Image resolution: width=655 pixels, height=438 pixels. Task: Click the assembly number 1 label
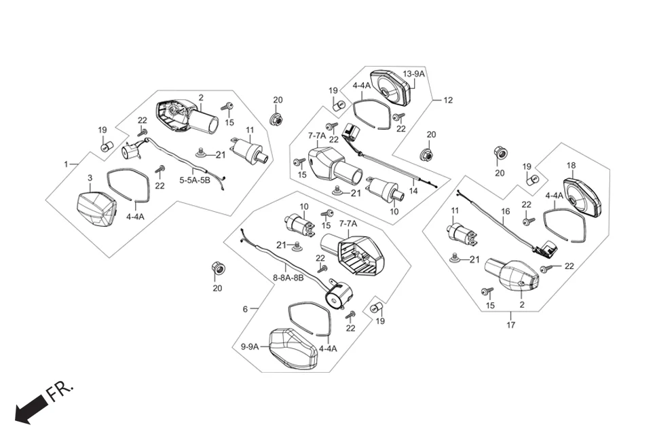coord(67,164)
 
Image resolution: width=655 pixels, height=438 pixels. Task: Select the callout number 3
coord(90,178)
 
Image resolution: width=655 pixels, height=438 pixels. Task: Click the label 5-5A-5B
coord(195,181)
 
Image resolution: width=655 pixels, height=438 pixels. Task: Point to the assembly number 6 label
coord(245,309)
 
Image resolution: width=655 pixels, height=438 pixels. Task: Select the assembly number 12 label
coord(447,101)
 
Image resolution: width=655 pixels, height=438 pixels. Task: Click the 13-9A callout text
coord(413,73)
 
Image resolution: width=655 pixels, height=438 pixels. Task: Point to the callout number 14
coord(413,191)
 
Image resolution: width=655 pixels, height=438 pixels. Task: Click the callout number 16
coord(505,211)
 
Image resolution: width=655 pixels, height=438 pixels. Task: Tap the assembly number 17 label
coord(511,325)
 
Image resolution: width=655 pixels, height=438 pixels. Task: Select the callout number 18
coord(571,166)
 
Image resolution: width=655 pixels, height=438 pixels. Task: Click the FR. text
coord(60,393)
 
